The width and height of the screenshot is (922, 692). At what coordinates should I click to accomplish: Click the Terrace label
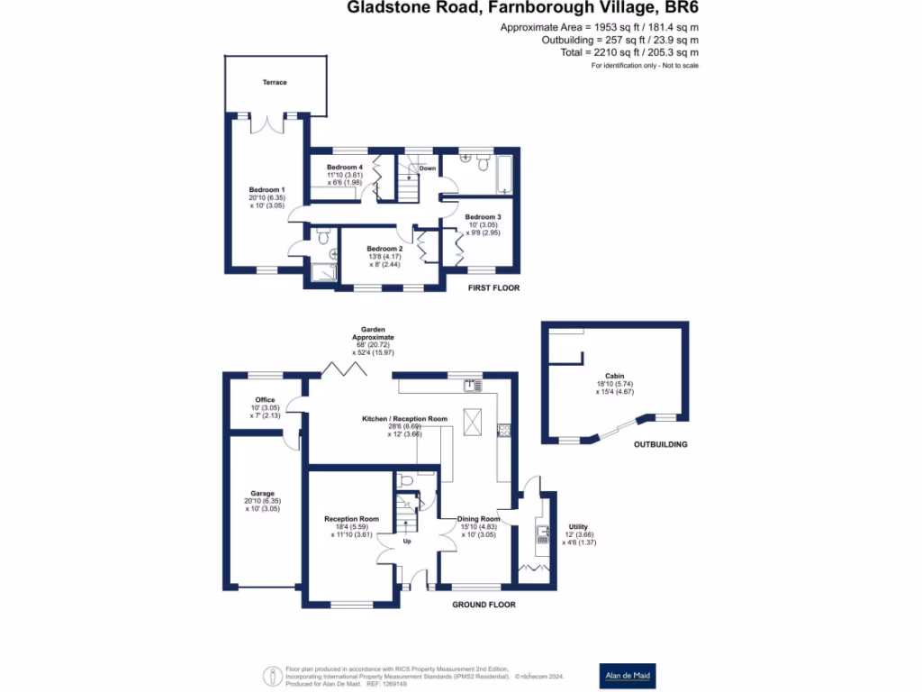click(275, 83)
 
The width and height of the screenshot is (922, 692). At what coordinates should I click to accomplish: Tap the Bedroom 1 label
click(267, 190)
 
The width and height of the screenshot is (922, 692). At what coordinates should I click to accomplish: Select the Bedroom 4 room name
click(345, 168)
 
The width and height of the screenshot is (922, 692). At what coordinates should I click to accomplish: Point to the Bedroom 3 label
click(483, 217)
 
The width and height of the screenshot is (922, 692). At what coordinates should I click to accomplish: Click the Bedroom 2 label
click(384, 249)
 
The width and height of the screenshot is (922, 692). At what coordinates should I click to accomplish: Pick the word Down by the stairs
click(427, 168)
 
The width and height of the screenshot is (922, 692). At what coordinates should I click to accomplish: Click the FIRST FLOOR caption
click(493, 288)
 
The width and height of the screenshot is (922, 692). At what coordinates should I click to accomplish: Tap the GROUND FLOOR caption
click(484, 605)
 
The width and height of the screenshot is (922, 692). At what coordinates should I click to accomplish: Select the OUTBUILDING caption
click(661, 444)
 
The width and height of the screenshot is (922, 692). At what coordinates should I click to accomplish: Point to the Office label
click(265, 400)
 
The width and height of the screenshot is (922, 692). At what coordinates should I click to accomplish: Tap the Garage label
click(263, 494)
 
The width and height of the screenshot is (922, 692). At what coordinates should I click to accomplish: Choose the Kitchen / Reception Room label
click(404, 419)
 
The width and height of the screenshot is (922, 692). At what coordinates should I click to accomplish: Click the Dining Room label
click(478, 519)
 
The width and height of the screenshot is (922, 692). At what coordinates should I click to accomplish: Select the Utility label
click(578, 526)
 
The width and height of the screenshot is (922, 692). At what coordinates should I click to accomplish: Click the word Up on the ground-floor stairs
click(407, 542)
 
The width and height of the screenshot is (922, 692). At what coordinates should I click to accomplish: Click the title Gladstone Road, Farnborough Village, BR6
click(524, 8)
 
